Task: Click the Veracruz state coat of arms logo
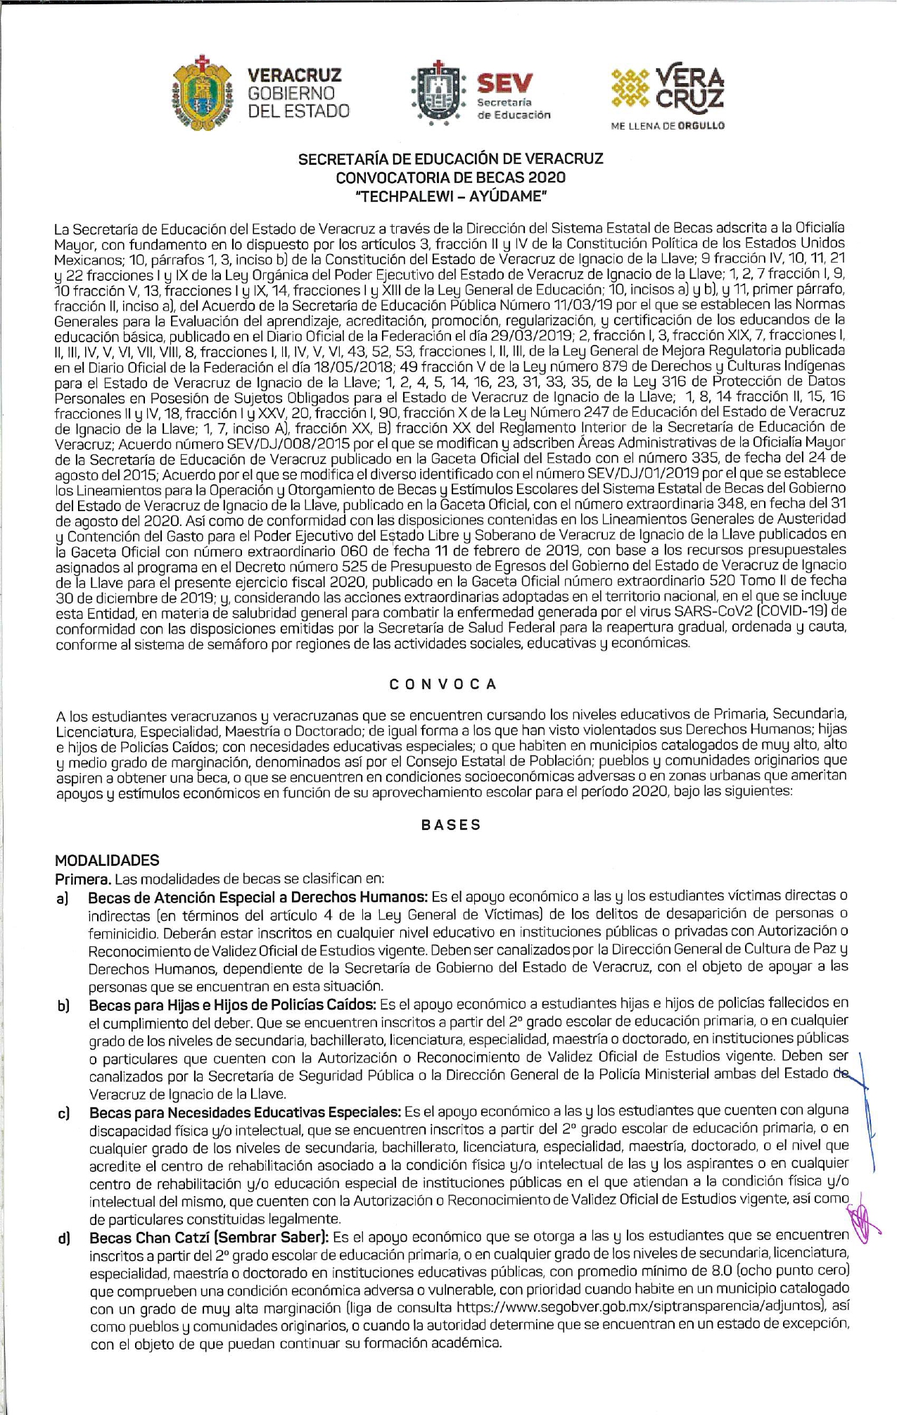click(x=202, y=94)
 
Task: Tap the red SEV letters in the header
click(x=504, y=84)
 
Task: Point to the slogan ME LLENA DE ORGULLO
click(x=668, y=126)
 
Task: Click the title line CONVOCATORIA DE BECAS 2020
click(x=450, y=177)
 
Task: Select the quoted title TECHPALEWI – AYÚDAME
click(x=450, y=196)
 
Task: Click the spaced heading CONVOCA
click(x=443, y=684)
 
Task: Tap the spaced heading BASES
click(x=451, y=825)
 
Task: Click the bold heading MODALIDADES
click(x=107, y=860)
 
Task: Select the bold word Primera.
click(x=83, y=879)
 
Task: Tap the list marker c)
click(x=63, y=1114)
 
